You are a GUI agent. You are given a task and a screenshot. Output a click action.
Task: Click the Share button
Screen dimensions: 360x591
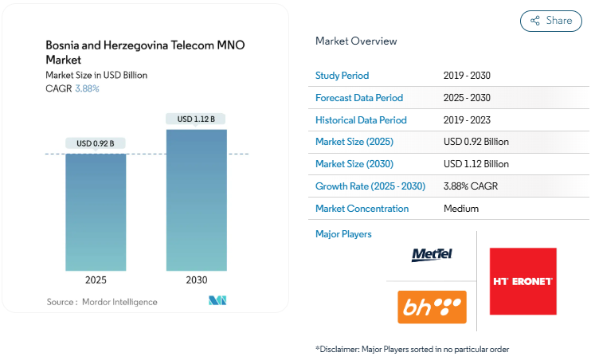[x=550, y=21]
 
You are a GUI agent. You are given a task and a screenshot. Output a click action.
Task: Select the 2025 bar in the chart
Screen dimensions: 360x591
[x=96, y=211]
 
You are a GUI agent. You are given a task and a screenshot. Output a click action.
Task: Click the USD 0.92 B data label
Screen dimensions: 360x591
[x=96, y=143]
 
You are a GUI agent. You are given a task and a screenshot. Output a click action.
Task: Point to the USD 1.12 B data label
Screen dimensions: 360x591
[x=196, y=119]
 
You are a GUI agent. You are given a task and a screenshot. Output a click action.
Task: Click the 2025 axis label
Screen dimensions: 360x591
[x=96, y=280]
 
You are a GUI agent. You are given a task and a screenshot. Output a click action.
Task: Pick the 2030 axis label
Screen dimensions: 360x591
[x=196, y=280]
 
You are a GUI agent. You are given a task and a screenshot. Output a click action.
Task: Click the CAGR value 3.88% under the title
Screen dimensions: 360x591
[x=87, y=88]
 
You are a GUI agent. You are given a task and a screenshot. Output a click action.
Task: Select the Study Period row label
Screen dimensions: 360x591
[x=342, y=76]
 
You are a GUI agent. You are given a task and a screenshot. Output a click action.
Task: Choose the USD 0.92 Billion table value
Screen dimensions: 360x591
[x=476, y=142]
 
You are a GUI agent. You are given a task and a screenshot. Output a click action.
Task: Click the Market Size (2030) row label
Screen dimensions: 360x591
[x=354, y=164]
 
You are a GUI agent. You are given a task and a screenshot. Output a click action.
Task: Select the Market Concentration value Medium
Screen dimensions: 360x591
[x=461, y=209]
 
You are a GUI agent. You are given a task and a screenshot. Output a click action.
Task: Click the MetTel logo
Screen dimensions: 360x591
[x=432, y=255]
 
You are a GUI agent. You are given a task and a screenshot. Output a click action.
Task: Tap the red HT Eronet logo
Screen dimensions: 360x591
[x=523, y=281]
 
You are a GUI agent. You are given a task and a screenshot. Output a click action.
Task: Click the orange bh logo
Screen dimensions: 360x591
[x=432, y=307]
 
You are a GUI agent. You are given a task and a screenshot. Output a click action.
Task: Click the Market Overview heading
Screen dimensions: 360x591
[x=356, y=41]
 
